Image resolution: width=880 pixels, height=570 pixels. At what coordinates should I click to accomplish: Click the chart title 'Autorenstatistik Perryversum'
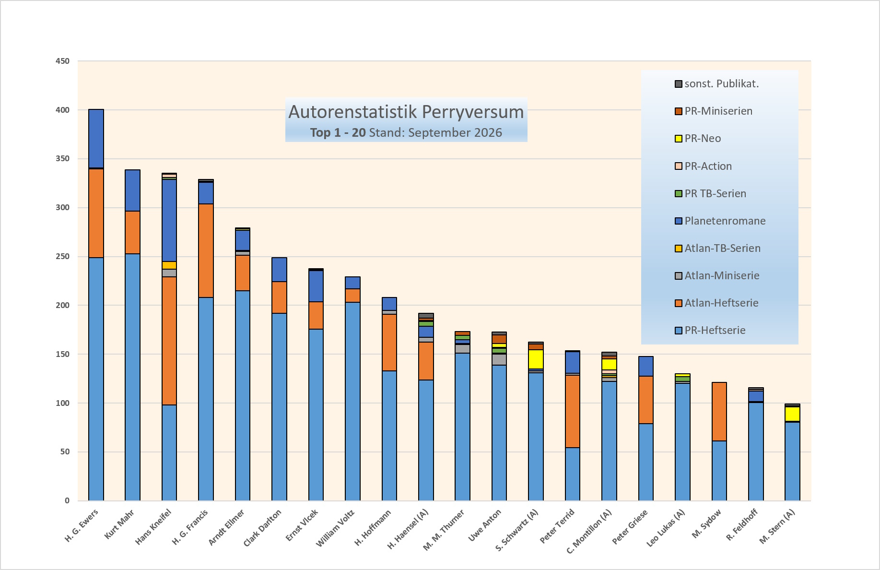click(406, 112)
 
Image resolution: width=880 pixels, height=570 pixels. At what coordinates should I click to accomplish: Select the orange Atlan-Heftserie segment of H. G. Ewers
click(96, 213)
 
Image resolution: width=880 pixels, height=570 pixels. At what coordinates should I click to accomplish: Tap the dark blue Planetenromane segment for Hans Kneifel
click(169, 221)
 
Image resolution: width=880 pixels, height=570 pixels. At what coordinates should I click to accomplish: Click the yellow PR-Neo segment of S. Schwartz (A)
click(536, 359)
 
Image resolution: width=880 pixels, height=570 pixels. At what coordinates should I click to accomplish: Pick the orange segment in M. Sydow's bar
click(719, 412)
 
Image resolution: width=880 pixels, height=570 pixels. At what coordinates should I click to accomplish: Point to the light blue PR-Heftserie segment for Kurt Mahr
click(133, 377)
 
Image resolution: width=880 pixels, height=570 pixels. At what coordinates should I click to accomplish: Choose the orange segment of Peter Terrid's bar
click(573, 411)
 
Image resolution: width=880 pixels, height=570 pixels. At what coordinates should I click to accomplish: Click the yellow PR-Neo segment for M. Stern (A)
click(792, 414)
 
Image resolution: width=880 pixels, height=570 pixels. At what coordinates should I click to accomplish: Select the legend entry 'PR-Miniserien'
click(714, 111)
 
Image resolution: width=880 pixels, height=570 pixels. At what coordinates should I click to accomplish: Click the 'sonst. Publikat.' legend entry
click(717, 84)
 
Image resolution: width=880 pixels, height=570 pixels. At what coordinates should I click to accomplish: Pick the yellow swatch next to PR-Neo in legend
click(679, 139)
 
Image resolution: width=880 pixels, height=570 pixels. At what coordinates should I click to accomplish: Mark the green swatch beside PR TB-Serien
click(679, 194)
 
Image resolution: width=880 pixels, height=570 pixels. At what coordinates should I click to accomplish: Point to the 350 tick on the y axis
click(63, 159)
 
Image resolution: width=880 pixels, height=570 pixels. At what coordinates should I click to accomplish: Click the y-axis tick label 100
click(63, 403)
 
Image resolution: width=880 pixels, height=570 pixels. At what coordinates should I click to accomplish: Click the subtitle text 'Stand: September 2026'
click(435, 133)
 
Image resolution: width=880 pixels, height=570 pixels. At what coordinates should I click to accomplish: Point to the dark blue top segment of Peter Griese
click(646, 367)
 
